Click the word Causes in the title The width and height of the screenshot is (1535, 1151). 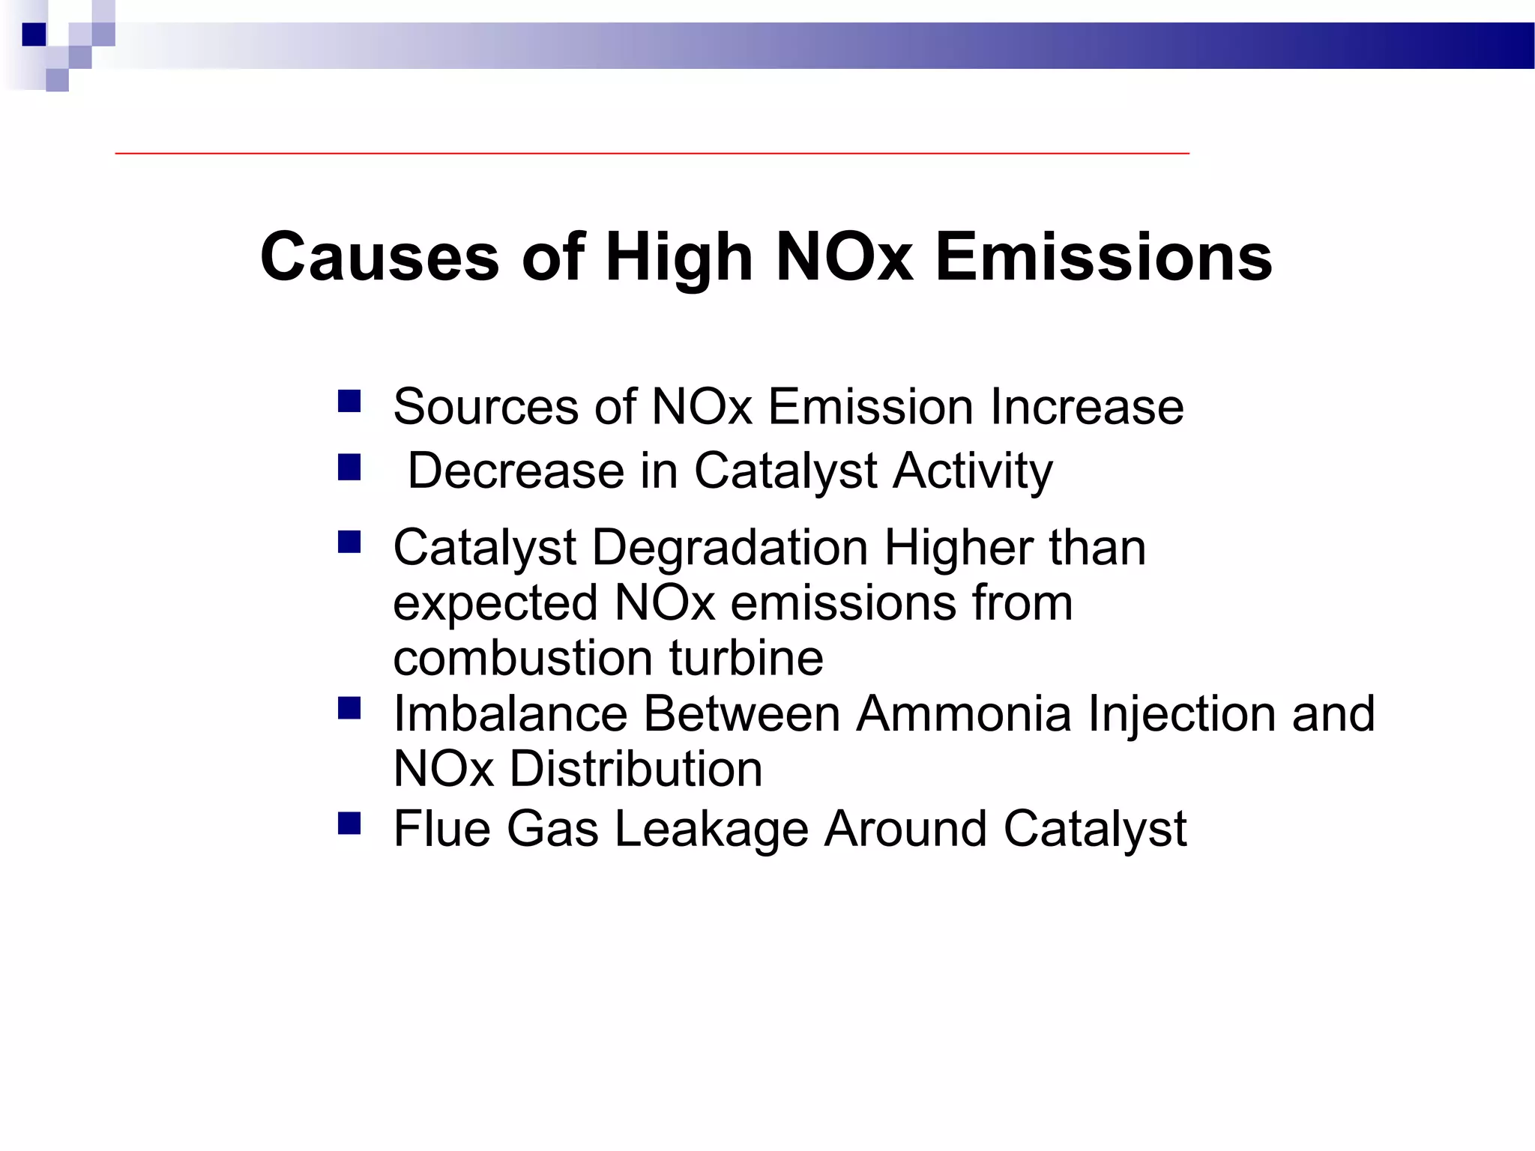379,257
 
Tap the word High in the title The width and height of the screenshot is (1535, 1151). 678,257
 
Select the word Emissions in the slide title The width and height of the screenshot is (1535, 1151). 1103,257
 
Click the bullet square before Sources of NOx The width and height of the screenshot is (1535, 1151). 349,402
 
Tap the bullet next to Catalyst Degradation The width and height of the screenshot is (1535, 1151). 349,542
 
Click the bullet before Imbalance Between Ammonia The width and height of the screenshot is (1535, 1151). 349,708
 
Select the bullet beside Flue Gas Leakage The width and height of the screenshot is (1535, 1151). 349,824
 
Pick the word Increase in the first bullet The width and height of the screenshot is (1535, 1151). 1087,407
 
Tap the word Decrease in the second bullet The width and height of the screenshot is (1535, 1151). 516,471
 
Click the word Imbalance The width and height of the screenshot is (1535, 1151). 510,713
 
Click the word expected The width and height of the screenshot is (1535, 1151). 495,603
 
